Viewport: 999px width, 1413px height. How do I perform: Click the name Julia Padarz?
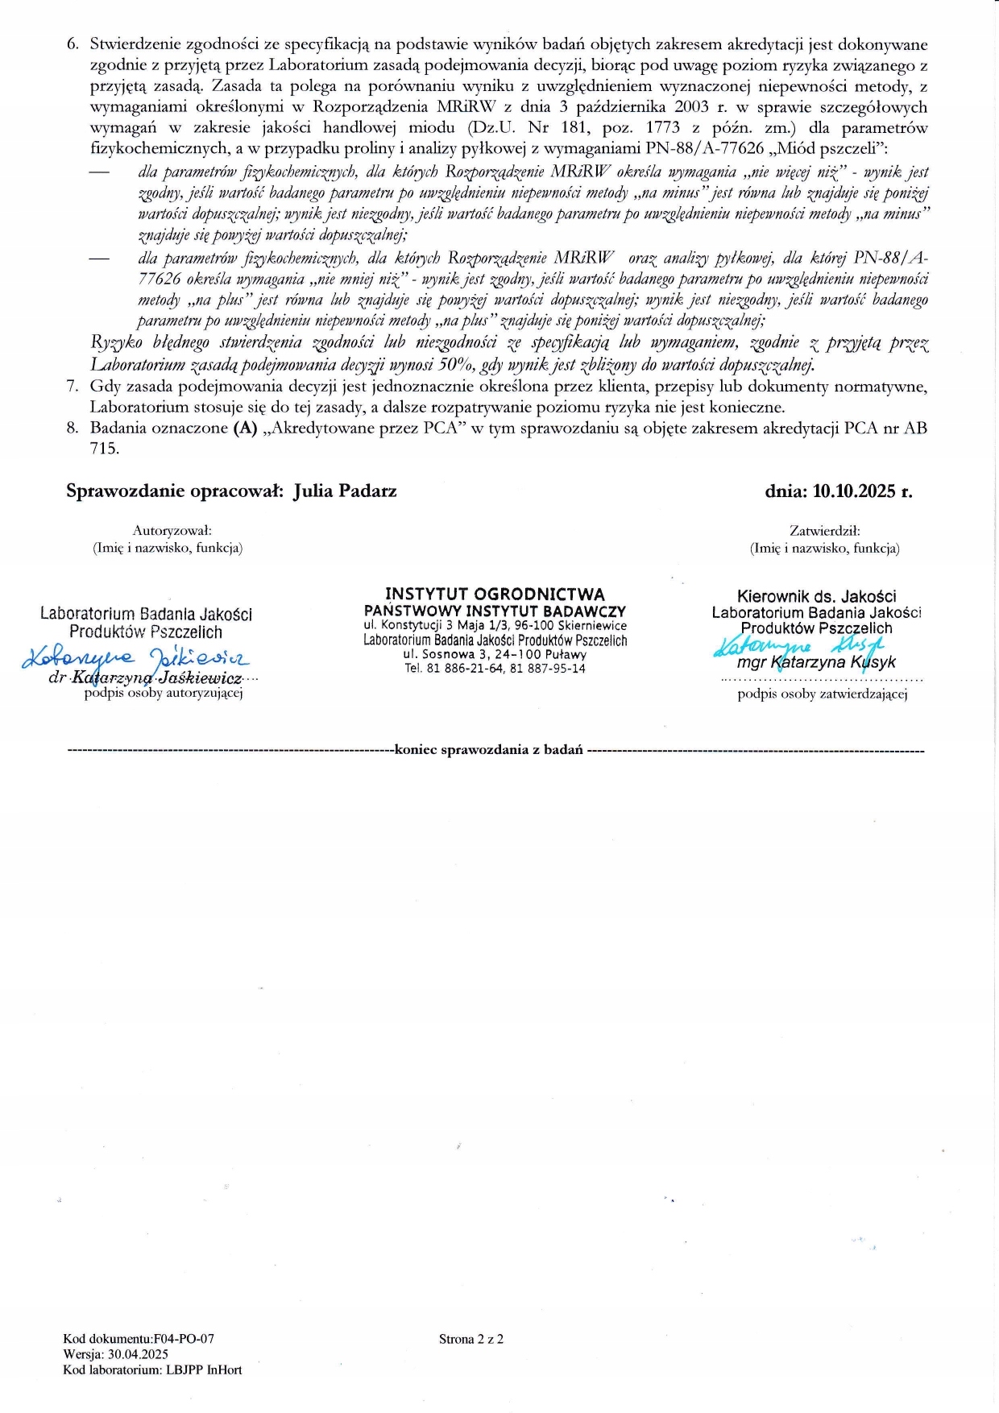click(x=345, y=491)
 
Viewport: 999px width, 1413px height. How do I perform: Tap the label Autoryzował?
click(x=172, y=531)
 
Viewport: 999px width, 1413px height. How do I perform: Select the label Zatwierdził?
click(x=825, y=531)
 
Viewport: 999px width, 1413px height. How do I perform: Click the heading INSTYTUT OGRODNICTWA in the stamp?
click(x=495, y=595)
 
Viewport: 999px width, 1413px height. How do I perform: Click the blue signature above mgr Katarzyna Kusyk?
click(x=798, y=645)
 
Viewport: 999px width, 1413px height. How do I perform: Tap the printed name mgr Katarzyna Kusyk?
click(x=815, y=663)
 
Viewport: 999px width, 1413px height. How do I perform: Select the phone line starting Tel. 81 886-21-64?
click(x=495, y=669)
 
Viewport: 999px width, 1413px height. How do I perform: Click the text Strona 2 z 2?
click(x=471, y=1339)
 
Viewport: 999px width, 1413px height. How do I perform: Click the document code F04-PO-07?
click(x=184, y=1339)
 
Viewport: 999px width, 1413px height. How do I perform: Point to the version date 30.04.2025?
click(x=138, y=1354)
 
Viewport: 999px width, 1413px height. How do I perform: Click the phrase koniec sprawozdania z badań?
click(x=488, y=750)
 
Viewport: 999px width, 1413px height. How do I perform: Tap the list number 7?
click(x=73, y=387)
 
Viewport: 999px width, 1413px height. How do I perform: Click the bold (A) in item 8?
click(x=245, y=429)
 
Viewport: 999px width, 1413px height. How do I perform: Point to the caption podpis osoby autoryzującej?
click(x=164, y=693)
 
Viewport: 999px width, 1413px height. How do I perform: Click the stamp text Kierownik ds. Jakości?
click(x=816, y=597)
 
